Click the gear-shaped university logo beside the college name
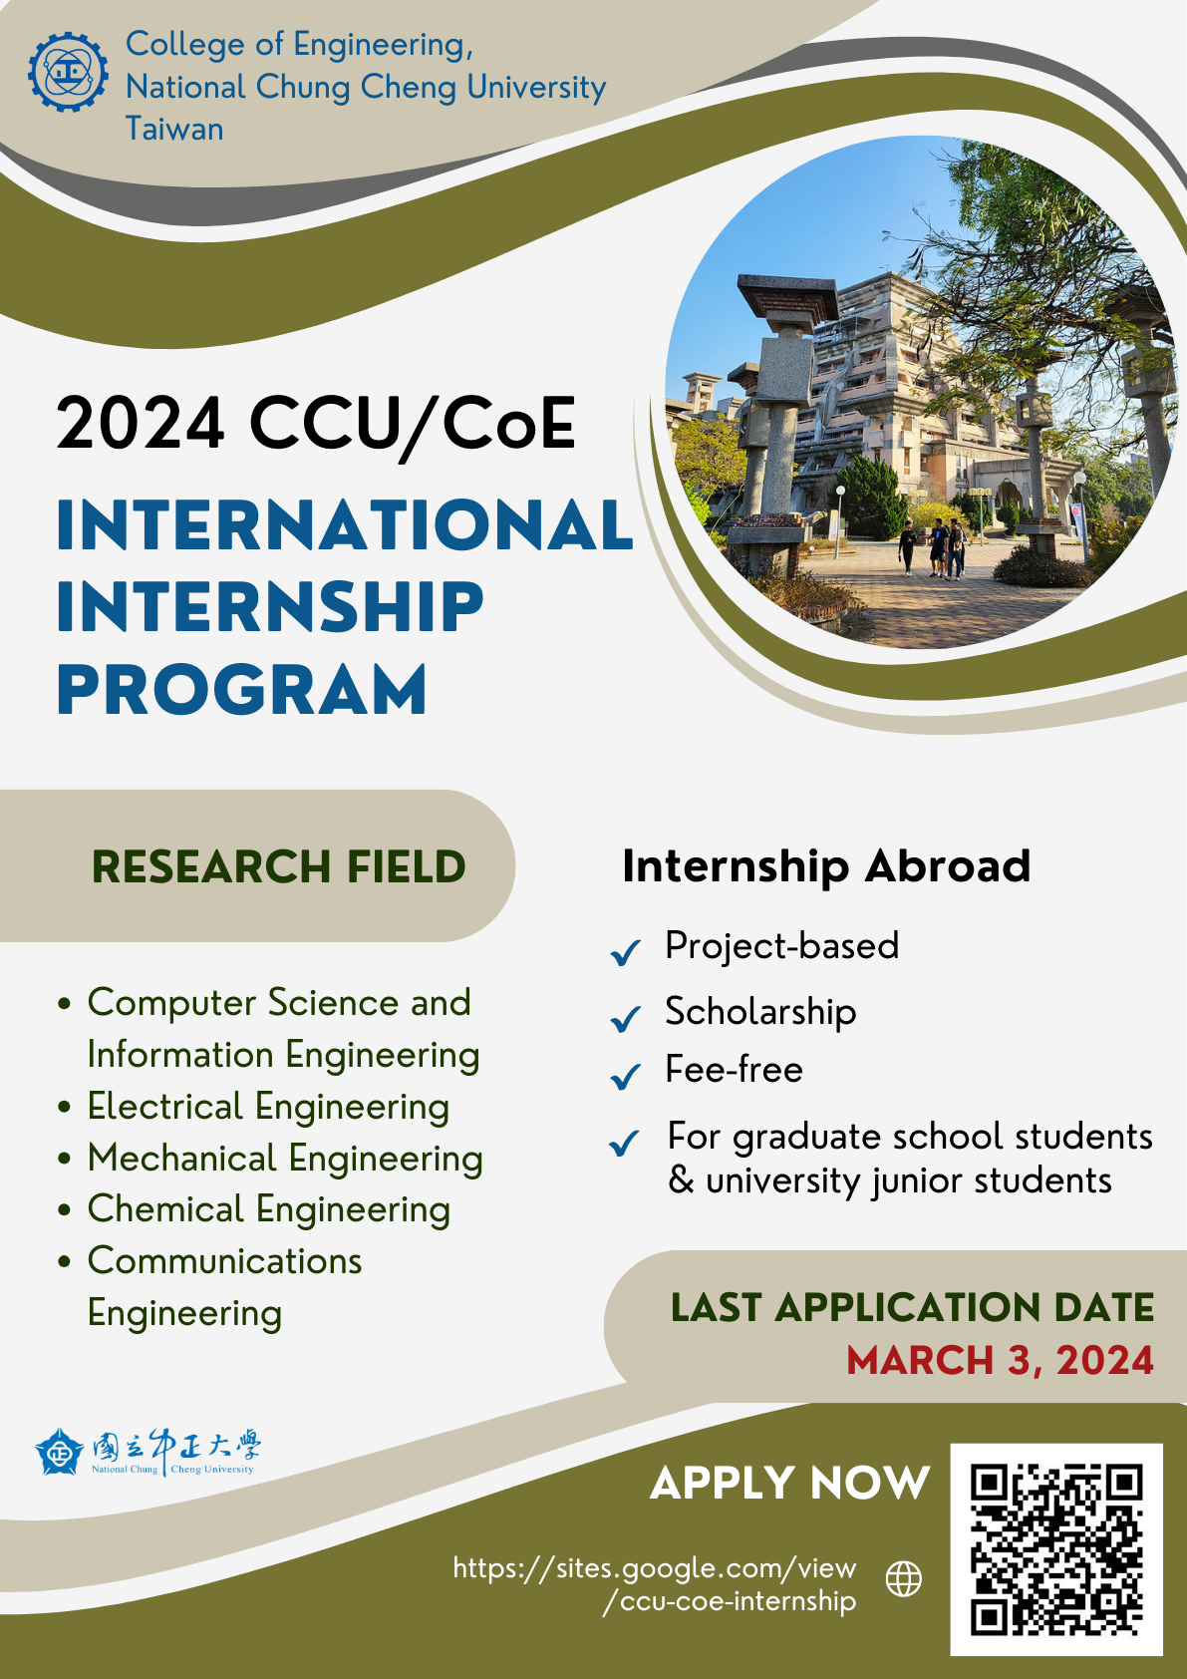[x=68, y=72]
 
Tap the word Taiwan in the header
[x=174, y=130]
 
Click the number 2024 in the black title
[x=141, y=424]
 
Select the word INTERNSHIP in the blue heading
[x=270, y=607]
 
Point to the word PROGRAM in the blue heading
[x=242, y=690]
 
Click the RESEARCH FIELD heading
[x=278, y=866]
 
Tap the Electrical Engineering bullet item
[x=268, y=1107]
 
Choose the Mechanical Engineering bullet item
[x=285, y=1159]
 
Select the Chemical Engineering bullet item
[x=269, y=1209]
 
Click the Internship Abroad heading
[x=826, y=865]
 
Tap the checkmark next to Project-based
[x=625, y=952]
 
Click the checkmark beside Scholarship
[x=625, y=1018]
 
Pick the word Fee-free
[x=734, y=1070]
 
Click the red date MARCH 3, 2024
[x=1000, y=1360]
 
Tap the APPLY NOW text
[x=789, y=1483]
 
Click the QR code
[x=1056, y=1549]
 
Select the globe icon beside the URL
[x=904, y=1578]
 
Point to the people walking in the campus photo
[x=934, y=547]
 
